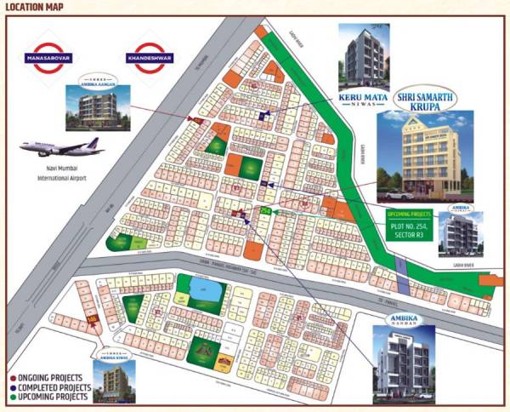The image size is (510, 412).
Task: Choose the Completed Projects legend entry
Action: click(x=52, y=386)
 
